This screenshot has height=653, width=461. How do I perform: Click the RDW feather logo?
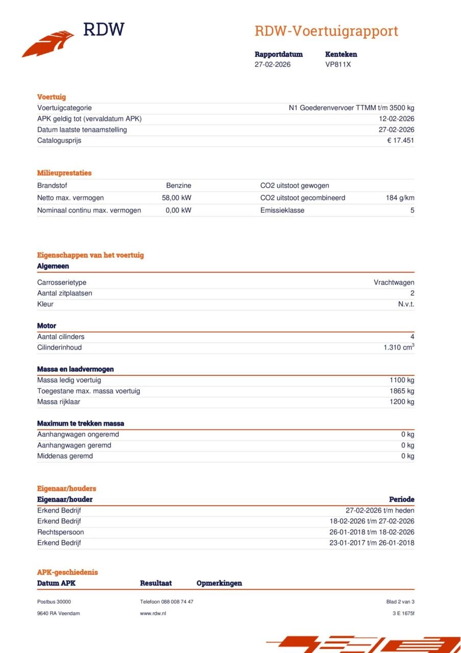click(x=48, y=43)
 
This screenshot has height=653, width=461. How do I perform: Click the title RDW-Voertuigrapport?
click(x=326, y=31)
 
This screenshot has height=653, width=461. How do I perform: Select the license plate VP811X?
click(x=338, y=65)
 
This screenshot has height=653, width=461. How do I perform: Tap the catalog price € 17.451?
click(x=400, y=140)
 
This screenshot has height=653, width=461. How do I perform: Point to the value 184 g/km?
click(x=400, y=198)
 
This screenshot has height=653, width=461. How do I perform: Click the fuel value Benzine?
click(x=178, y=186)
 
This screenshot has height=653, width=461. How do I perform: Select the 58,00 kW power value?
click(x=176, y=198)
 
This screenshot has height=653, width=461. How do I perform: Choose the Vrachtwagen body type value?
click(x=394, y=283)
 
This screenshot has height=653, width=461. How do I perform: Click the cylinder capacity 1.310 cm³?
click(x=398, y=347)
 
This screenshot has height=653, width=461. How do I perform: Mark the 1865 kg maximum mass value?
click(x=402, y=391)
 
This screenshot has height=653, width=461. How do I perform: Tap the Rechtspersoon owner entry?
click(x=60, y=532)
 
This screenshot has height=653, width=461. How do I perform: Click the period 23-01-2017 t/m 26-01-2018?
click(x=372, y=543)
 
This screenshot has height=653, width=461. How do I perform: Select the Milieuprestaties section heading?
click(x=64, y=173)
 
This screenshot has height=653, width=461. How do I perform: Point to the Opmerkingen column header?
click(x=219, y=583)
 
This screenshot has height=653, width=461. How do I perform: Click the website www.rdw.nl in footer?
click(x=153, y=613)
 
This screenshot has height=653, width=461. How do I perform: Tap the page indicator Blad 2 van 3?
click(x=400, y=602)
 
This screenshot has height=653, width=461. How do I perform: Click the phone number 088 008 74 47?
click(x=177, y=602)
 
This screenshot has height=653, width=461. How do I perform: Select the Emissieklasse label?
click(x=282, y=210)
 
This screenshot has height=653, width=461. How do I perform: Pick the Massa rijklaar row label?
click(x=59, y=402)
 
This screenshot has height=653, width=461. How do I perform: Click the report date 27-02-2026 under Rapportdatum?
click(x=272, y=65)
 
